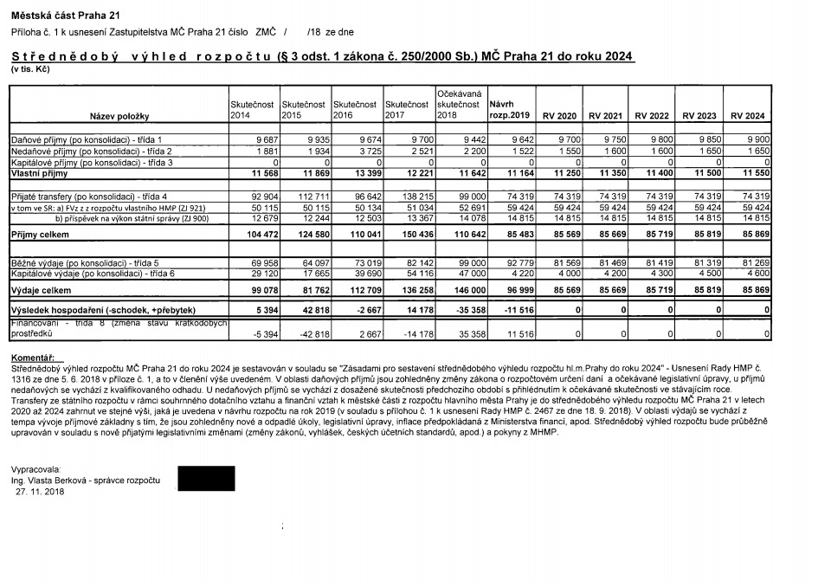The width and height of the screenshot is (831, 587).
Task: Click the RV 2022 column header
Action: (x=652, y=116)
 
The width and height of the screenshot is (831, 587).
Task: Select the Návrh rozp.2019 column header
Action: (x=509, y=110)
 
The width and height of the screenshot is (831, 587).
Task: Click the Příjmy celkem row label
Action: (x=39, y=235)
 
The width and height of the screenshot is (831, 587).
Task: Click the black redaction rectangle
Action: (x=206, y=479)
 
